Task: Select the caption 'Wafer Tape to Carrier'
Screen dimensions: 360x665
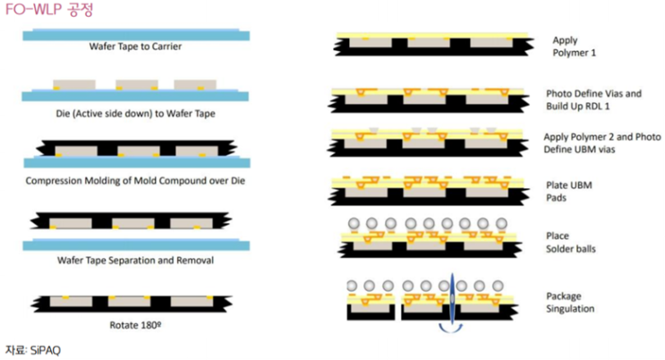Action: pyautogui.click(x=135, y=46)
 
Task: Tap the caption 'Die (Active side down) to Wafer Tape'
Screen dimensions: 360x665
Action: pyautogui.click(x=135, y=113)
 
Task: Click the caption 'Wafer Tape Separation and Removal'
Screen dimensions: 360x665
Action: pyautogui.click(x=136, y=260)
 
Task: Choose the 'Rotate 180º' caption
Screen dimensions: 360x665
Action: pyautogui.click(x=135, y=324)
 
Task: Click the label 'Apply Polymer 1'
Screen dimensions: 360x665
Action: pyautogui.click(x=574, y=46)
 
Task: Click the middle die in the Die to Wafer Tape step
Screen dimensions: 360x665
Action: pyautogui.click(x=136, y=84)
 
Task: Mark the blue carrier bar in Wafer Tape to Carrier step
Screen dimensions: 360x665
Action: pyautogui.click(x=135, y=35)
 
